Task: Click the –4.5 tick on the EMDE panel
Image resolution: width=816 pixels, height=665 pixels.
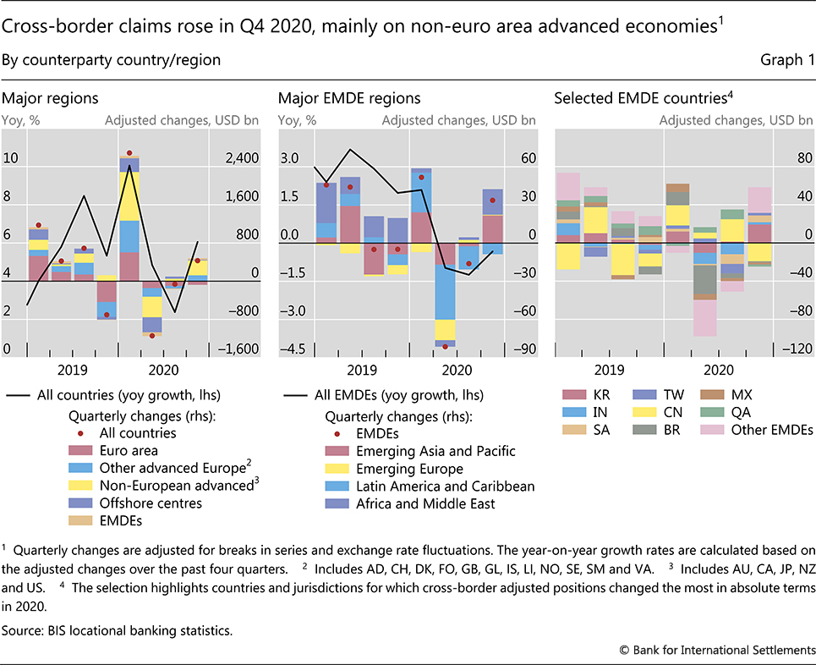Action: click(291, 349)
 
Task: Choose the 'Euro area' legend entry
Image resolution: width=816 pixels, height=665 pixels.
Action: click(127, 451)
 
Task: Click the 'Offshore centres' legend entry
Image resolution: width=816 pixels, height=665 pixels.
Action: click(151, 503)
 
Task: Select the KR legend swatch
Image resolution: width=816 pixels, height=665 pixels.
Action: click(572, 394)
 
